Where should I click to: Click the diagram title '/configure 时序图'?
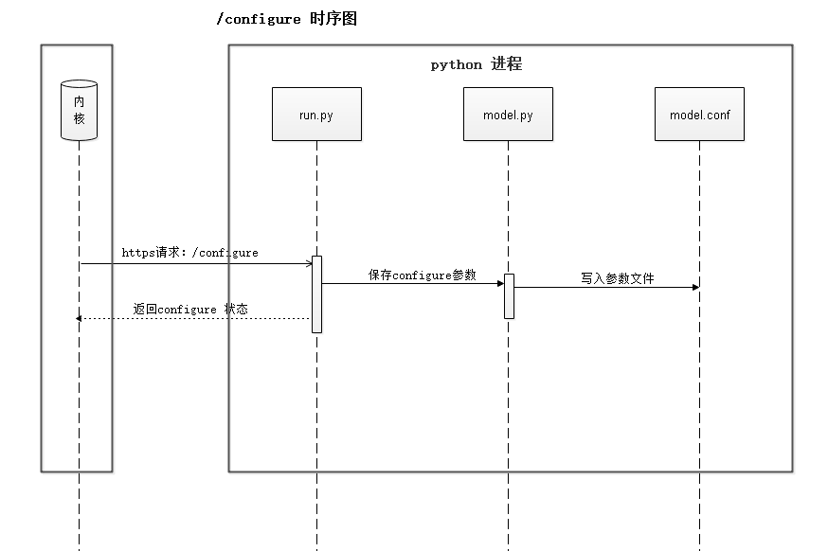pos(286,19)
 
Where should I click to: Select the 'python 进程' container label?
pos(476,64)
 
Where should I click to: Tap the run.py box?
pos(316,115)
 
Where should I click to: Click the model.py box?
pos(508,115)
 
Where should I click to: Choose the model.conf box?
pos(699,115)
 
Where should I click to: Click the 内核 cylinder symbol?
pos(80,110)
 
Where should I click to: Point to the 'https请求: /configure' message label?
pos(189,253)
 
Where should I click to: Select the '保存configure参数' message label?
pos(423,275)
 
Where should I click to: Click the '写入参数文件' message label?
pos(618,279)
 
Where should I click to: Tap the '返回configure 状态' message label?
pos(190,309)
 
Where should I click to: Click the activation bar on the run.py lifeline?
pos(316,293)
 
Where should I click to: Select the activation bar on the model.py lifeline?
pos(509,295)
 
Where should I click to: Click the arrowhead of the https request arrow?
pos(309,264)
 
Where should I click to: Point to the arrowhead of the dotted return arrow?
pos(80,319)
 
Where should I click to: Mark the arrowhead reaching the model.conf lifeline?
pos(695,287)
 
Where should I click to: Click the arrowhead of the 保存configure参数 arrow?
pos(500,283)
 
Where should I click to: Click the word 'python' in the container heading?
pos(457,65)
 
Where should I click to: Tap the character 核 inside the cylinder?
pos(80,119)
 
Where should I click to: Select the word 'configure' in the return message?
pos(188,310)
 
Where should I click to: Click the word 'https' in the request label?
pos(138,253)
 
